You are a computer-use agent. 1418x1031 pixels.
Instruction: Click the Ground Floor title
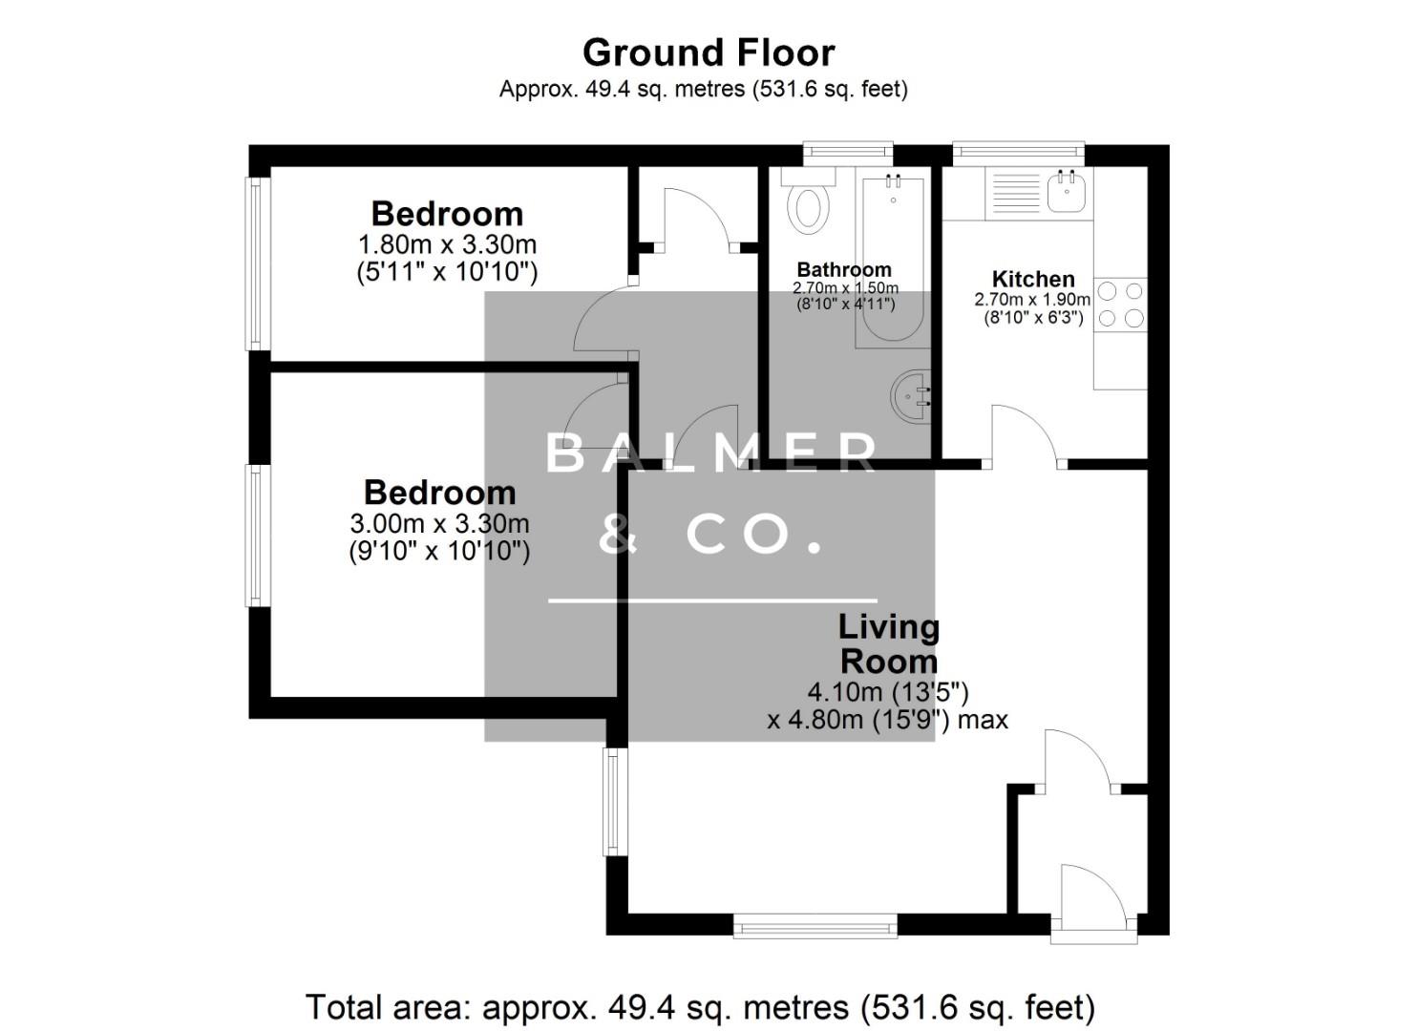709,53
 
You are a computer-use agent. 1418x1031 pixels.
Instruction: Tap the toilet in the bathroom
810,205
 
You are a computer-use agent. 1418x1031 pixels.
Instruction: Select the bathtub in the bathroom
893,258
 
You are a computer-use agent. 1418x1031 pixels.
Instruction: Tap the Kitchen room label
1033,279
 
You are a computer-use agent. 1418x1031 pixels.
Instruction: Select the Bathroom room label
844,270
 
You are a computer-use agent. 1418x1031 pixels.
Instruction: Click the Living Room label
888,644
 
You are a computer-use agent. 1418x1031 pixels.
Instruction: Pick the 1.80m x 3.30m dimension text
447,243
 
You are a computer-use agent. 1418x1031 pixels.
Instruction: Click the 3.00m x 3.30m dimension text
439,523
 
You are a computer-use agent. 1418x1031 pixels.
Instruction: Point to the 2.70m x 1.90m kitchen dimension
1032,299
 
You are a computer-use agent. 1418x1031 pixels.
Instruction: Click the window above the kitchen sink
1019,151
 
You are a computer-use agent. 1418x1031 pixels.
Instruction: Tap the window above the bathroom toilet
847,150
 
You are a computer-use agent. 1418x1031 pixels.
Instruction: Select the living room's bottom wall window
815,925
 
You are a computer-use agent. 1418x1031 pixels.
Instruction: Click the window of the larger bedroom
255,535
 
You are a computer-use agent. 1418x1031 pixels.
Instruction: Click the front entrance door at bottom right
1093,897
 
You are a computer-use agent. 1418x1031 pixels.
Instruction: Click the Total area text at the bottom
700,1007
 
